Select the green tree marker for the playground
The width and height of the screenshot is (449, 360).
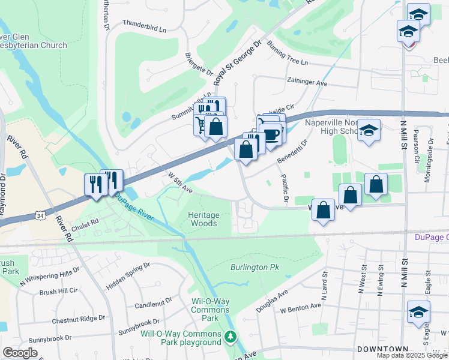[x=229, y=336]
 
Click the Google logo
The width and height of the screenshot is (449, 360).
[x=19, y=353]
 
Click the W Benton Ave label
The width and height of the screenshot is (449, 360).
[x=301, y=307]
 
